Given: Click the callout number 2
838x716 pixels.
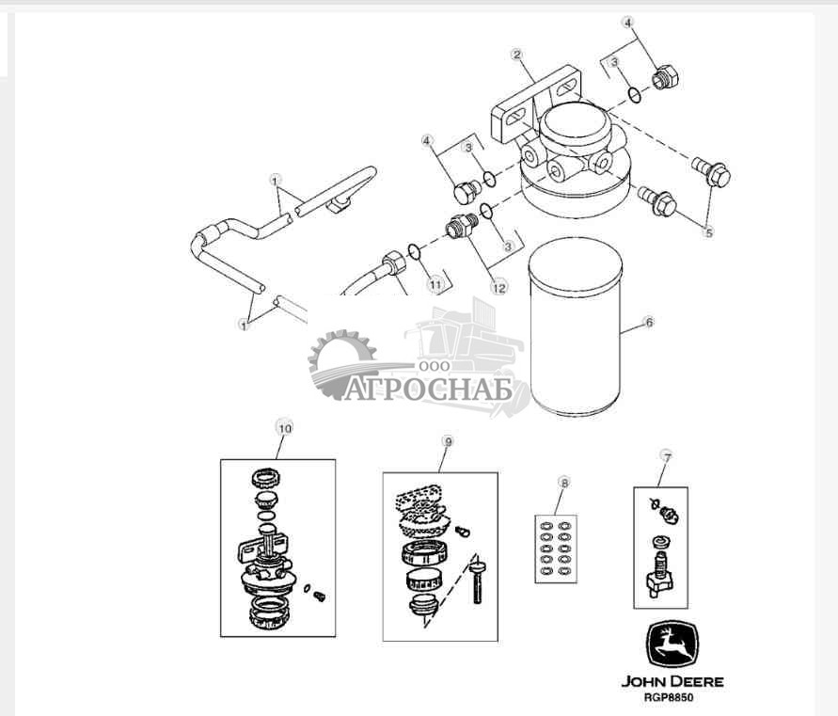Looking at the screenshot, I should coord(516,54).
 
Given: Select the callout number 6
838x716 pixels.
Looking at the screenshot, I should coord(648,322).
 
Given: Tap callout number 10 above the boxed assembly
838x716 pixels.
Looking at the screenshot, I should coord(285,427).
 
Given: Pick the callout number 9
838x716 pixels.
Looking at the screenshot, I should coord(448,440).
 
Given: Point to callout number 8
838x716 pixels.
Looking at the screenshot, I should coord(563,483).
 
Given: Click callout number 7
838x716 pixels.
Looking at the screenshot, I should coord(667,456).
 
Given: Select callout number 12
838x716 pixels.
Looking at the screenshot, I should coord(498,288).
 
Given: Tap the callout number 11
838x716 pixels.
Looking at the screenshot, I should coord(434,283).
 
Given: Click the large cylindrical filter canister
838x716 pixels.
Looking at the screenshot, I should coord(576,329).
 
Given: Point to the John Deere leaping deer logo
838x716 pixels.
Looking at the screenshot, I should coord(672,644).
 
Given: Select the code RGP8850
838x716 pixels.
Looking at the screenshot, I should coord(672,698).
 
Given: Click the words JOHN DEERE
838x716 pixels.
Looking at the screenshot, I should coord(672,681).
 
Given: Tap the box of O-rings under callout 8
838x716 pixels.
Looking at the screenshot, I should coord(556,549).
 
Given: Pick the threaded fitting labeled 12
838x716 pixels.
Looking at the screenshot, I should coord(461,227).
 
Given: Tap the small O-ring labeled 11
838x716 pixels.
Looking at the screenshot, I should coord(414,251).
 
